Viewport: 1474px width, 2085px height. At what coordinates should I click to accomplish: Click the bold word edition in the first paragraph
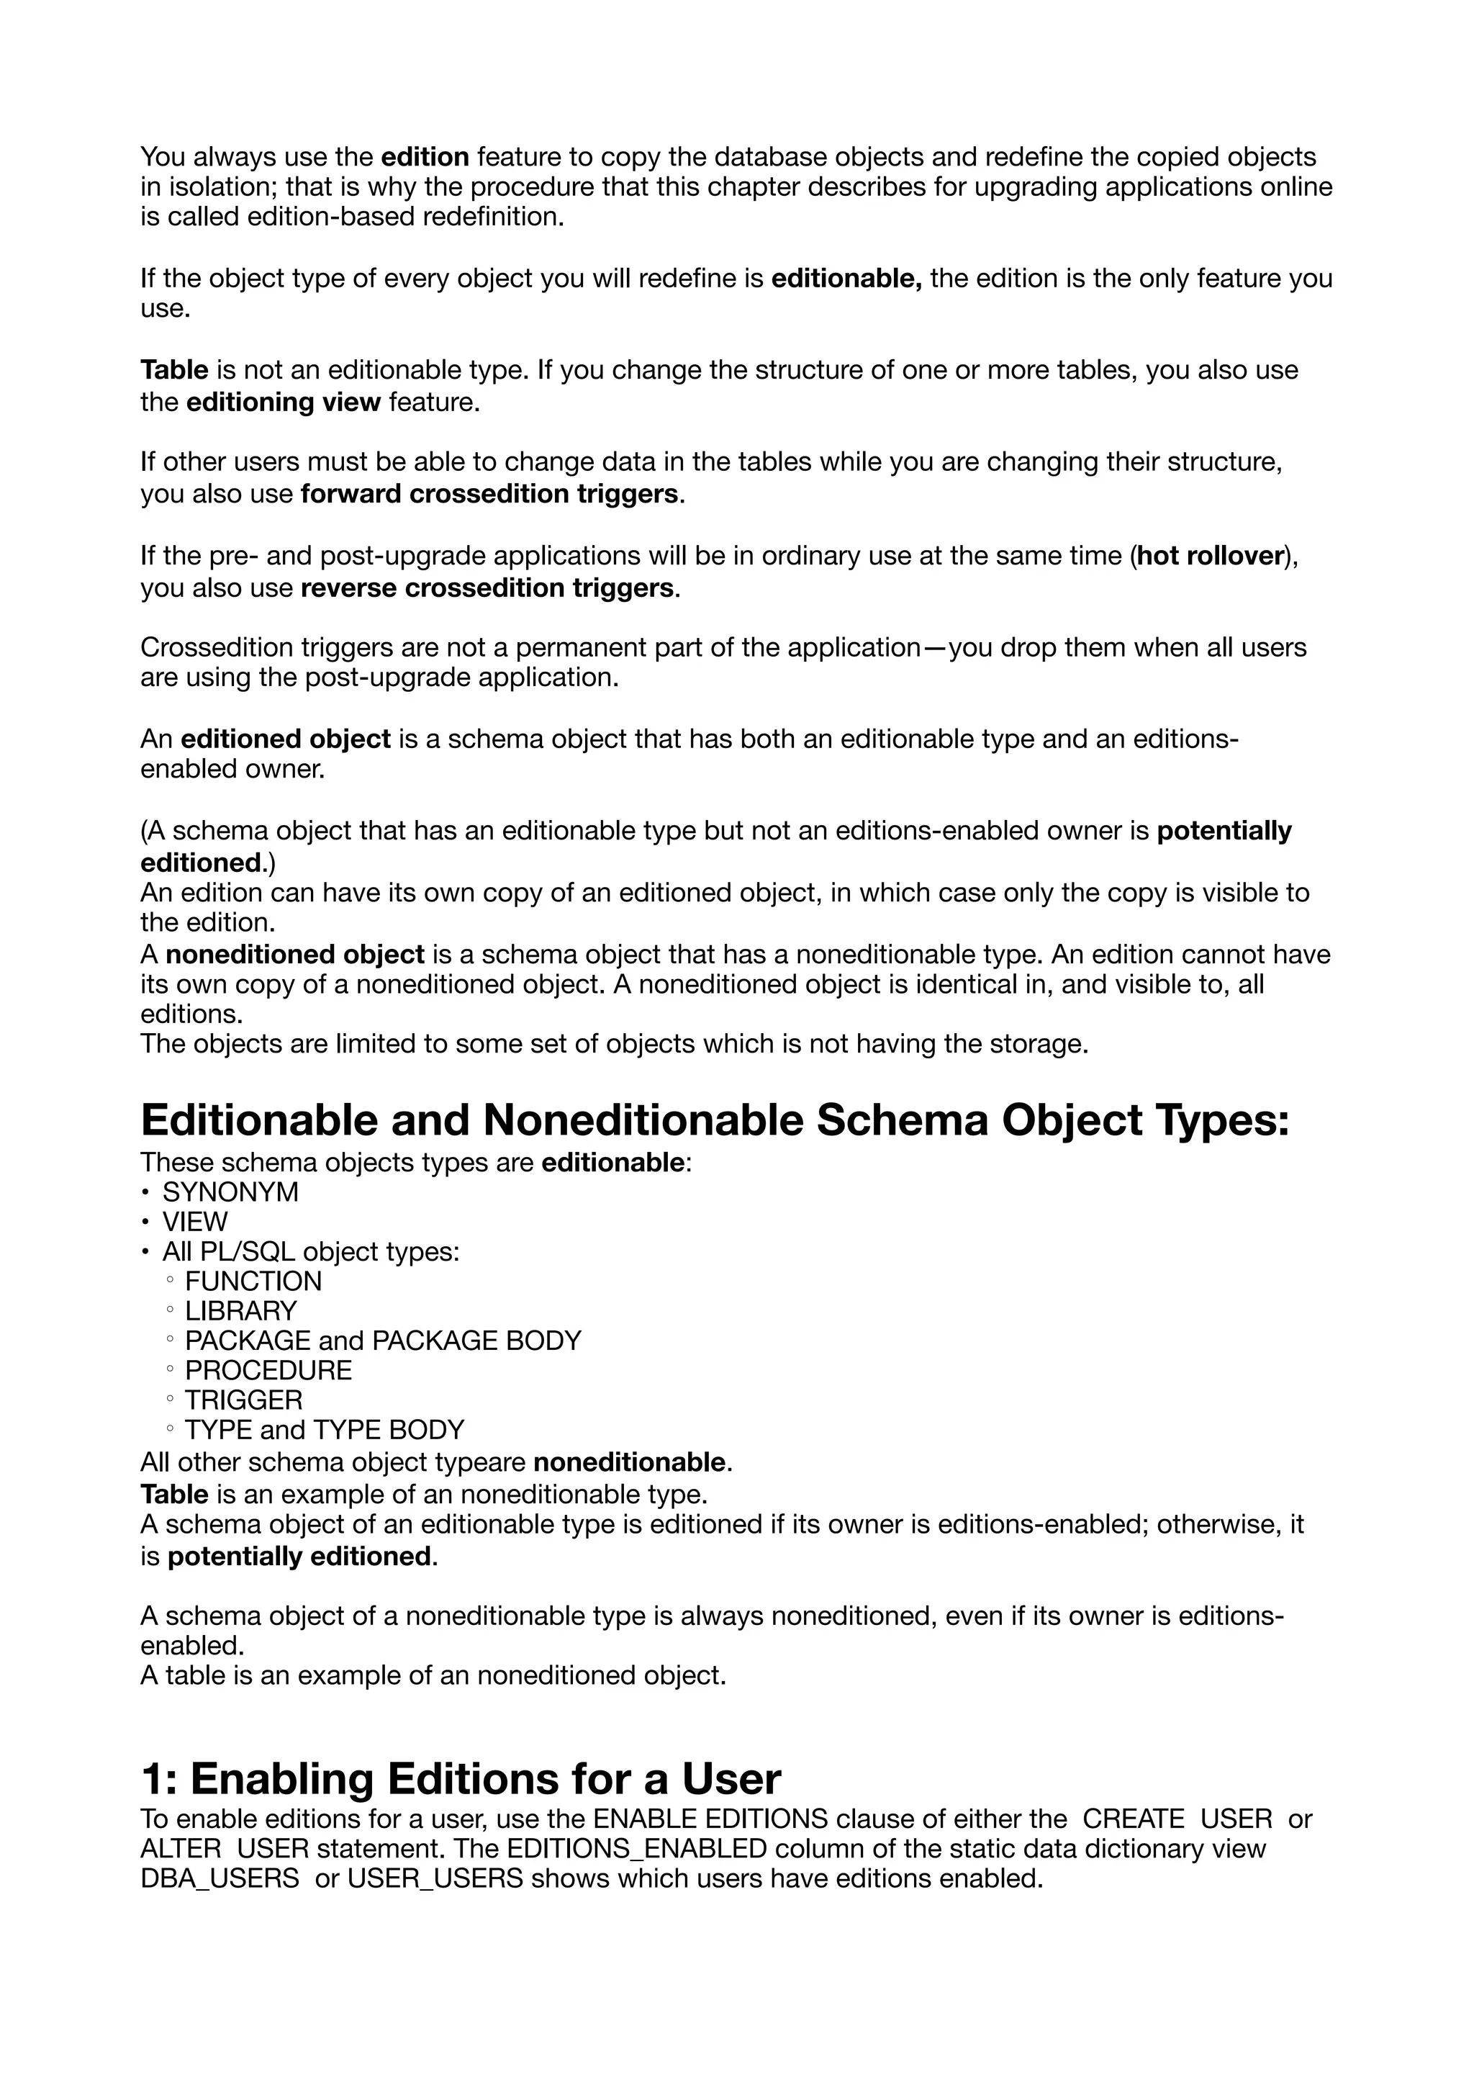(x=425, y=157)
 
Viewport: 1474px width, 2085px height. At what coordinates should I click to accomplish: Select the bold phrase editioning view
(x=283, y=402)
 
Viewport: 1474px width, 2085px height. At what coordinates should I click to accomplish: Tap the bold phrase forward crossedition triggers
(x=489, y=494)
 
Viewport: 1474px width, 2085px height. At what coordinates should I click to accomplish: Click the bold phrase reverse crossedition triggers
(x=487, y=588)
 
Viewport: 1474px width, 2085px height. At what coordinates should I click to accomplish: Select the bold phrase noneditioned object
(x=295, y=955)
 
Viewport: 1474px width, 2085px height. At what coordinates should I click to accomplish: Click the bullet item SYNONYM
(x=230, y=1192)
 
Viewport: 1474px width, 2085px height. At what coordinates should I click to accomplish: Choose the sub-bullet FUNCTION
(x=253, y=1282)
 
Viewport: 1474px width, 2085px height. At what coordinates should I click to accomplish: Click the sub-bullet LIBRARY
(x=240, y=1311)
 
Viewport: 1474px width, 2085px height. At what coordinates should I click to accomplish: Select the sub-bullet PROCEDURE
(x=268, y=1370)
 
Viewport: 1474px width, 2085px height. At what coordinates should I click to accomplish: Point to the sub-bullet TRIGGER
(x=244, y=1400)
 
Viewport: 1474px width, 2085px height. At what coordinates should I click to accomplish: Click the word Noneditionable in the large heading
(x=643, y=1120)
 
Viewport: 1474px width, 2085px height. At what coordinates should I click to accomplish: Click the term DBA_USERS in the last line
(x=220, y=1878)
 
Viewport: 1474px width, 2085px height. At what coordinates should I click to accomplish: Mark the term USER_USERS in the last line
(x=435, y=1878)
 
